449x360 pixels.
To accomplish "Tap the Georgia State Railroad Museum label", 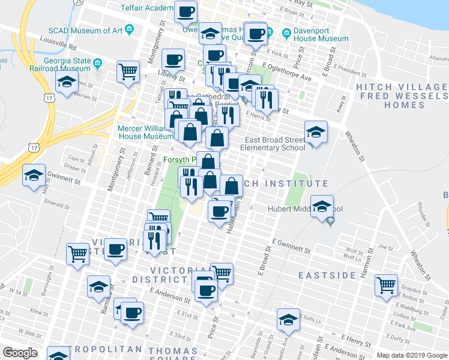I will (66, 65).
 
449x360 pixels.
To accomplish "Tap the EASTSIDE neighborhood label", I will (327, 275).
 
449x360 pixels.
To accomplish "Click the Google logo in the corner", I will (20, 353).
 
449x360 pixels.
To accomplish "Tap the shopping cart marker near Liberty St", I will (128, 72).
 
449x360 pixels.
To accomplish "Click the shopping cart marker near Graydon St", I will (386, 284).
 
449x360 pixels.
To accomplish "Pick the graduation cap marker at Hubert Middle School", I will (322, 206).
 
